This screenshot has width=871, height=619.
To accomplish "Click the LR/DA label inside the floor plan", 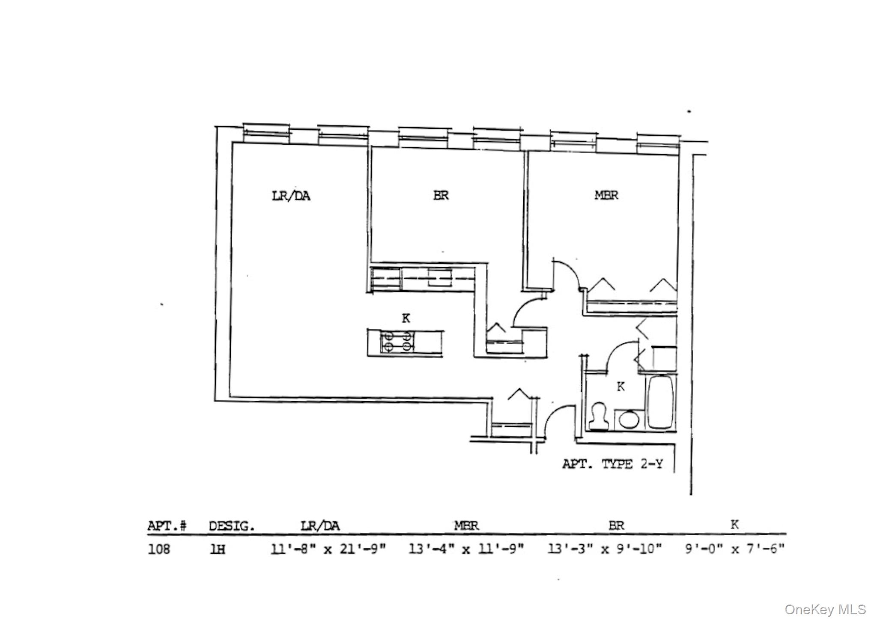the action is click(x=291, y=196).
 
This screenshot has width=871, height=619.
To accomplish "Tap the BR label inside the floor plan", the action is click(x=441, y=196).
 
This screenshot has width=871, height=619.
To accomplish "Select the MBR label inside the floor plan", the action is click(x=606, y=195).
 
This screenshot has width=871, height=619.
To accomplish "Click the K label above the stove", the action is click(x=406, y=318).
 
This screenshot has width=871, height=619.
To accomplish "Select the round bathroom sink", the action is click(x=629, y=419).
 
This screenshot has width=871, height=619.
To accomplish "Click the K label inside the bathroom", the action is click(x=620, y=387).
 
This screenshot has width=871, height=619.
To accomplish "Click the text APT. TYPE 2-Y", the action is click(x=612, y=464).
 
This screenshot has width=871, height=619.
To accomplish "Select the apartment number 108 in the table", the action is click(x=159, y=549).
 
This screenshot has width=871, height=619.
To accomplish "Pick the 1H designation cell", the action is click(x=218, y=549).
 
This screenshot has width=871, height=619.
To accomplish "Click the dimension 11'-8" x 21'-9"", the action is click(x=328, y=549).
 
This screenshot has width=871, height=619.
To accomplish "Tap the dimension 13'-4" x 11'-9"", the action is click(x=466, y=548).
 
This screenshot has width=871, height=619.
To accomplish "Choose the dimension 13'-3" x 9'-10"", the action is click(x=605, y=548).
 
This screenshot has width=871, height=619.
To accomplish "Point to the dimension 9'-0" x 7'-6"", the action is click(x=735, y=548).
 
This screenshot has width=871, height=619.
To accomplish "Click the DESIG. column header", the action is click(x=232, y=526).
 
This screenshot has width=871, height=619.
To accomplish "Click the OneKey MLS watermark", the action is click(x=825, y=609).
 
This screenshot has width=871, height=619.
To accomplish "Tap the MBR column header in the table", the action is click(x=466, y=525).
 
